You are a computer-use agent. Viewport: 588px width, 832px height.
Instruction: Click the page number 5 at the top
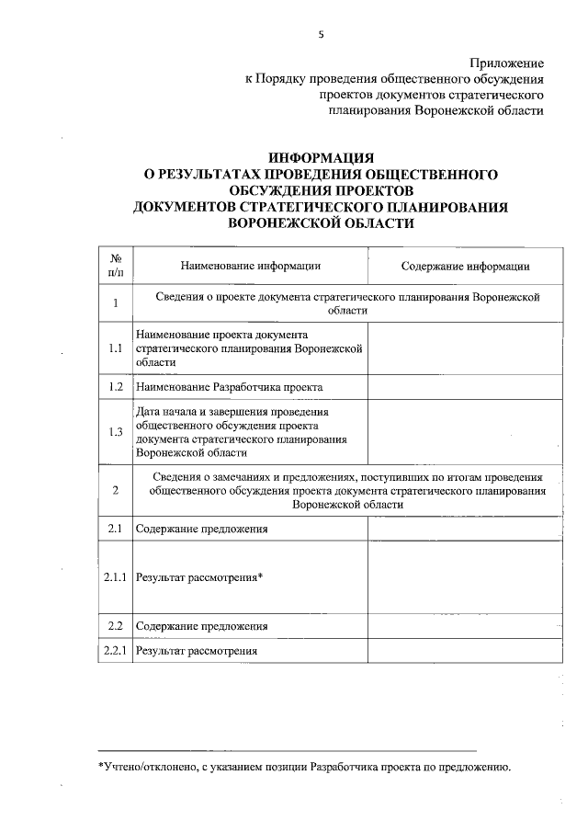pyautogui.click(x=321, y=35)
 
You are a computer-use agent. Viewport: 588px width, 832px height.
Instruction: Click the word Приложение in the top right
pyautogui.click(x=505, y=63)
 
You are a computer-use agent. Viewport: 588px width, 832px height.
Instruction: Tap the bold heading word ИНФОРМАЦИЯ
pyautogui.click(x=321, y=158)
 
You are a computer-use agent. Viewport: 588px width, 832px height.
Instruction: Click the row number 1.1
pyautogui.click(x=116, y=349)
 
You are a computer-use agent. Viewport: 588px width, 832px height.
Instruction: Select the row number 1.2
pyautogui.click(x=116, y=388)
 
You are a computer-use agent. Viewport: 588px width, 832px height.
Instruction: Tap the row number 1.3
pyautogui.click(x=116, y=433)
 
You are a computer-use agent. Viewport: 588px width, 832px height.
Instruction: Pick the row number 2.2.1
pyautogui.click(x=116, y=651)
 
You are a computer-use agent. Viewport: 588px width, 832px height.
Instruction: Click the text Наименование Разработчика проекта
pyautogui.click(x=229, y=388)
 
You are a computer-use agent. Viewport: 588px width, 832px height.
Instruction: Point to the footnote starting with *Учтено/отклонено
pyautogui.click(x=303, y=766)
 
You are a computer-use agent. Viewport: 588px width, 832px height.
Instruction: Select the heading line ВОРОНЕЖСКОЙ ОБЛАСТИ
pyautogui.click(x=321, y=223)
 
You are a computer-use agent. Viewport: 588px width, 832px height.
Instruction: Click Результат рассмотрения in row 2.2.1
pyautogui.click(x=196, y=651)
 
